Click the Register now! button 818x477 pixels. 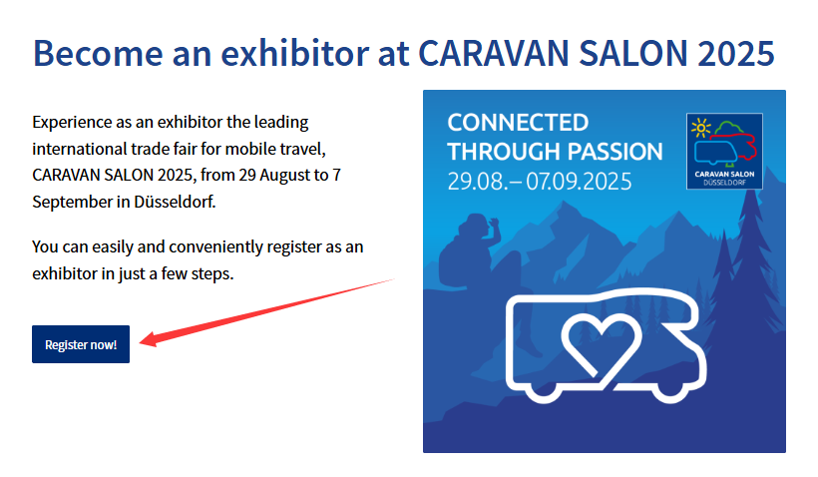click(81, 344)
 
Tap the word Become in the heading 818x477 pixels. click(98, 53)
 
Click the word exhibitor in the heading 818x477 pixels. click(295, 53)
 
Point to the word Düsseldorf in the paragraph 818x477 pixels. click(175, 202)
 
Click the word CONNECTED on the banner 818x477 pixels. click(518, 123)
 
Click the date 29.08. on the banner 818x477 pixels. click(476, 182)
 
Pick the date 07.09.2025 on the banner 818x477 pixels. click(579, 182)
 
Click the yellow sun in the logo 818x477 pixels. click(700, 128)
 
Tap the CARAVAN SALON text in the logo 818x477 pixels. click(724, 174)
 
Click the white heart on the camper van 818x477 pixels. click(601, 344)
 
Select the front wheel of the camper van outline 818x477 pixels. click(668, 390)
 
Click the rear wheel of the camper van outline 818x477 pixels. click(543, 390)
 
